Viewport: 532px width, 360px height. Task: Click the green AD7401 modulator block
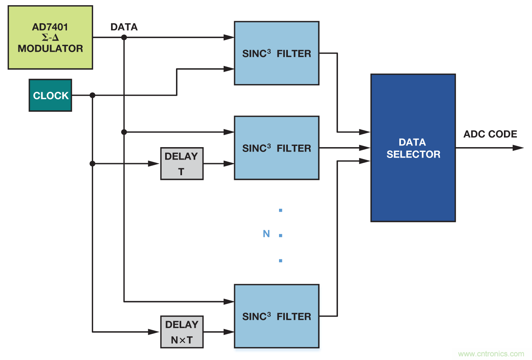[x=50, y=37]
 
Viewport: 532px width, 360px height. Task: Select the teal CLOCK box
[x=51, y=95]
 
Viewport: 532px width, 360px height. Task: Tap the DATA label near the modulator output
[x=124, y=27]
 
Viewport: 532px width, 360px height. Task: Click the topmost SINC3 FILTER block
[x=277, y=53]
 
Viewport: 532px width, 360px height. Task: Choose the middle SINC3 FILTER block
[x=277, y=148]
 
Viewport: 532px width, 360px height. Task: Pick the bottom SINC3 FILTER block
[x=277, y=316]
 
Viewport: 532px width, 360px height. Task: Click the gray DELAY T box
[x=182, y=164]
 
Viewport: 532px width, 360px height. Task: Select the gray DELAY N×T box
[x=182, y=332]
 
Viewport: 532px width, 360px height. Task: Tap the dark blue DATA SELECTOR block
[x=413, y=148]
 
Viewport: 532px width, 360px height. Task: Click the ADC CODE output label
[x=490, y=134]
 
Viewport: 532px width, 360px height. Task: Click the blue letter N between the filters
[x=266, y=234]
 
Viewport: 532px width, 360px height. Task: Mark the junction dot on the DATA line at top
[x=124, y=37]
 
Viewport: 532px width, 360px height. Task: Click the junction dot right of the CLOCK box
[x=93, y=95]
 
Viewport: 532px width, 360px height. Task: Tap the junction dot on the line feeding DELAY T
[x=93, y=164]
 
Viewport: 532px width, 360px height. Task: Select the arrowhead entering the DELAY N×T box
[x=154, y=332]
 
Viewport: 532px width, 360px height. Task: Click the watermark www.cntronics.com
[x=491, y=354]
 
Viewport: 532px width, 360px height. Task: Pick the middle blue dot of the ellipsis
[x=281, y=235]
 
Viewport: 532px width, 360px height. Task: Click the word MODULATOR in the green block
[x=50, y=49]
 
